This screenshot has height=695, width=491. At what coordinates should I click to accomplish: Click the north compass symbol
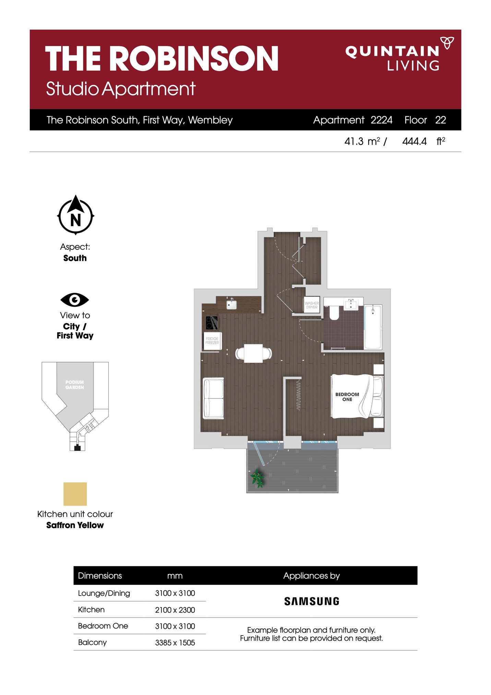pyautogui.click(x=75, y=215)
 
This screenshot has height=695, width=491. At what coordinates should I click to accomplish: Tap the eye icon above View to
pyautogui.click(x=75, y=300)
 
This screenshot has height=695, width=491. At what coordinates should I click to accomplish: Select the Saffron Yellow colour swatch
pyautogui.click(x=75, y=494)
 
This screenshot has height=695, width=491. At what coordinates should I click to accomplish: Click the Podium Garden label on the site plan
pyautogui.click(x=75, y=385)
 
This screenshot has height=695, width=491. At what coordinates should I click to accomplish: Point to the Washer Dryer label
pyautogui.click(x=312, y=305)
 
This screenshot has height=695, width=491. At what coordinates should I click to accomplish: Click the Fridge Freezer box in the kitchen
pyautogui.click(x=212, y=341)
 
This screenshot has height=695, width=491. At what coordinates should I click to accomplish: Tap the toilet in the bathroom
pyautogui.click(x=334, y=312)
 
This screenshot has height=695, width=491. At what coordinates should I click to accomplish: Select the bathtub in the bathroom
pyautogui.click(x=373, y=327)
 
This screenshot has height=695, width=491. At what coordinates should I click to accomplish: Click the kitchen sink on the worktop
pyautogui.click(x=231, y=304)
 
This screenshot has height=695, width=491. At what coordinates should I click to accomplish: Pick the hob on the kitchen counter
pyautogui.click(x=212, y=323)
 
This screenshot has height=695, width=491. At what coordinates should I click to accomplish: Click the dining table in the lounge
pyautogui.click(x=253, y=353)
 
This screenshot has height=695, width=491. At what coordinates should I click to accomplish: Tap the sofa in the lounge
pyautogui.click(x=214, y=398)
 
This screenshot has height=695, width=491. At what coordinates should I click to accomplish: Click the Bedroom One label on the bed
pyautogui.click(x=347, y=397)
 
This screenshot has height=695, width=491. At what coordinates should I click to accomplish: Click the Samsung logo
pyautogui.click(x=312, y=601)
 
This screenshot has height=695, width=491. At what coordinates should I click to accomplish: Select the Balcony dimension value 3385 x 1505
pyautogui.click(x=175, y=642)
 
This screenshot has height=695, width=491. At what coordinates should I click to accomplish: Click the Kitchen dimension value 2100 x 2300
pyautogui.click(x=175, y=610)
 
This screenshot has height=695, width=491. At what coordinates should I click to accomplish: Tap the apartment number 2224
pyautogui.click(x=381, y=120)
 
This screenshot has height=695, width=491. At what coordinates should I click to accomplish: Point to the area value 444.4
pyautogui.click(x=415, y=141)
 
